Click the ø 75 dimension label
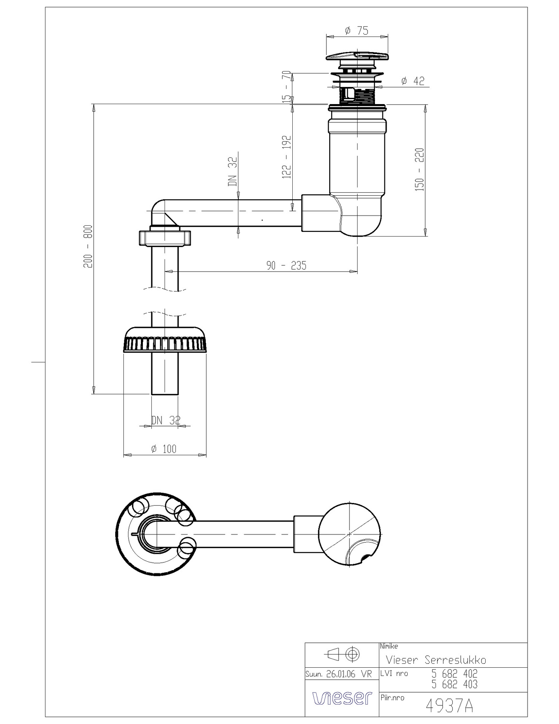coord(357,31)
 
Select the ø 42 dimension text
coord(413,81)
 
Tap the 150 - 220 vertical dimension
coord(420,169)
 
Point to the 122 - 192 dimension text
coord(286,157)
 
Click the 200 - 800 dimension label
coord(88,246)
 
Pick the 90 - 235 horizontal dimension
coord(286,266)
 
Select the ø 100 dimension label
coord(163,449)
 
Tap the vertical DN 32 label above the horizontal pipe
coord(233,171)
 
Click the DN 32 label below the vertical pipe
coord(166,420)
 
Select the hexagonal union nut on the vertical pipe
coord(165,238)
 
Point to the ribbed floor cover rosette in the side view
coord(165,340)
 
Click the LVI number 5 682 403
coord(454,684)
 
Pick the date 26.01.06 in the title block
coord(341,674)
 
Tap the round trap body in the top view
coord(350,534)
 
